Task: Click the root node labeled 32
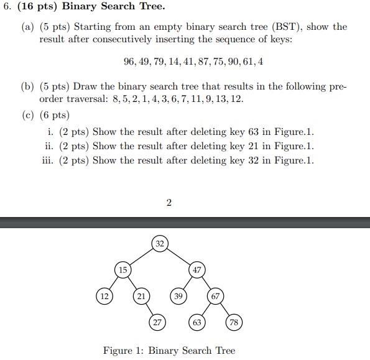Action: click(x=160, y=244)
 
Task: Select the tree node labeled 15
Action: click(x=123, y=270)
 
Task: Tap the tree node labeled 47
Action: click(x=197, y=270)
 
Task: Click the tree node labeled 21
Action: click(x=142, y=296)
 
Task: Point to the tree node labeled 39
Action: click(x=178, y=296)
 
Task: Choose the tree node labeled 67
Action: click(x=215, y=296)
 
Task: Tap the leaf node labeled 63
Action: click(x=197, y=322)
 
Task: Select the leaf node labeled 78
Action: click(x=234, y=322)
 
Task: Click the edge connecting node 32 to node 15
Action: click(x=141, y=257)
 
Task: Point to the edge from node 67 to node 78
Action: click(x=224, y=309)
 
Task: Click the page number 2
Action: click(x=169, y=202)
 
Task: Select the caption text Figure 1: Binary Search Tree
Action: click(x=169, y=351)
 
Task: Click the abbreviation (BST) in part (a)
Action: click(x=284, y=27)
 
